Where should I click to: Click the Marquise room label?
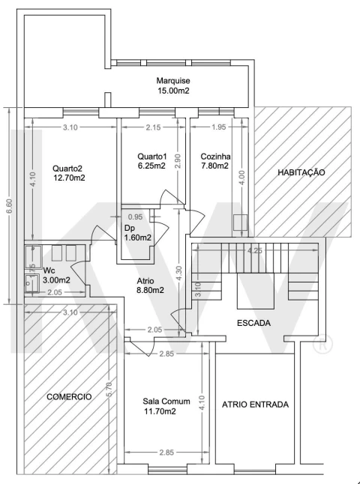(173, 81)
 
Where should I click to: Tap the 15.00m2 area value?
(173, 91)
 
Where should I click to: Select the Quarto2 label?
(67, 169)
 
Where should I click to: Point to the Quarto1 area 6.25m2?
(151, 166)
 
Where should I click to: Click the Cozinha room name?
(215, 156)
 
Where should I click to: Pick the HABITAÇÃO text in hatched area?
(301, 172)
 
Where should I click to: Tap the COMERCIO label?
(69, 397)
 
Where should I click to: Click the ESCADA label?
(253, 323)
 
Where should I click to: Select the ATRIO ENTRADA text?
(255, 405)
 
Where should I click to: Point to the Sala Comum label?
(166, 402)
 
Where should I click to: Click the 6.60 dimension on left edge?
(10, 206)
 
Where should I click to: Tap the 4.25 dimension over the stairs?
(255, 251)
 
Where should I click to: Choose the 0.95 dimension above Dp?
(135, 217)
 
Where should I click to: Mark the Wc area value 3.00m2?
(56, 280)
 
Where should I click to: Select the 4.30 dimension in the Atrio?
(179, 273)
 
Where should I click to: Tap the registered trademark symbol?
(322, 345)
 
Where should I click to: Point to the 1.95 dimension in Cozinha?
(219, 127)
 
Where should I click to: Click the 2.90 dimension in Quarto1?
(177, 161)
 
